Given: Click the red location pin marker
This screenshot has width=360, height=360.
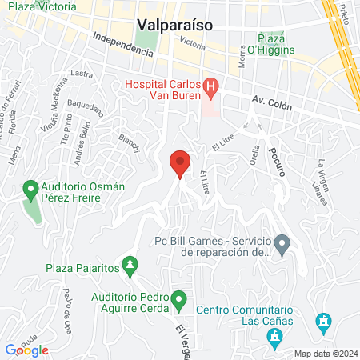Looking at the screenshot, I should (x=180, y=165).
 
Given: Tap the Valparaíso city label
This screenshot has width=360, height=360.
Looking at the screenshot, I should (x=174, y=24).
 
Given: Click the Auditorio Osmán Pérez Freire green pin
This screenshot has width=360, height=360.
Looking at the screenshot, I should (x=30, y=190).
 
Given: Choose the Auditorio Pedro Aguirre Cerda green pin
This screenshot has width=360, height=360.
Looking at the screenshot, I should (x=180, y=301).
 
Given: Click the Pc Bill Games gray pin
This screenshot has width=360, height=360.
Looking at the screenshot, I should (x=282, y=242).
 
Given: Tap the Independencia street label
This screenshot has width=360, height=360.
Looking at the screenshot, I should (x=122, y=44).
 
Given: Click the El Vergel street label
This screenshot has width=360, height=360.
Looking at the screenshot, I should (x=182, y=327).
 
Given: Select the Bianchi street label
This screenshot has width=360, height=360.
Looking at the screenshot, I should (x=129, y=142).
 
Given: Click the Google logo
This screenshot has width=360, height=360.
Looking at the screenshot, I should (x=26, y=350).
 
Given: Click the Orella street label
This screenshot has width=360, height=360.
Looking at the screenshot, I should (x=256, y=151).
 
